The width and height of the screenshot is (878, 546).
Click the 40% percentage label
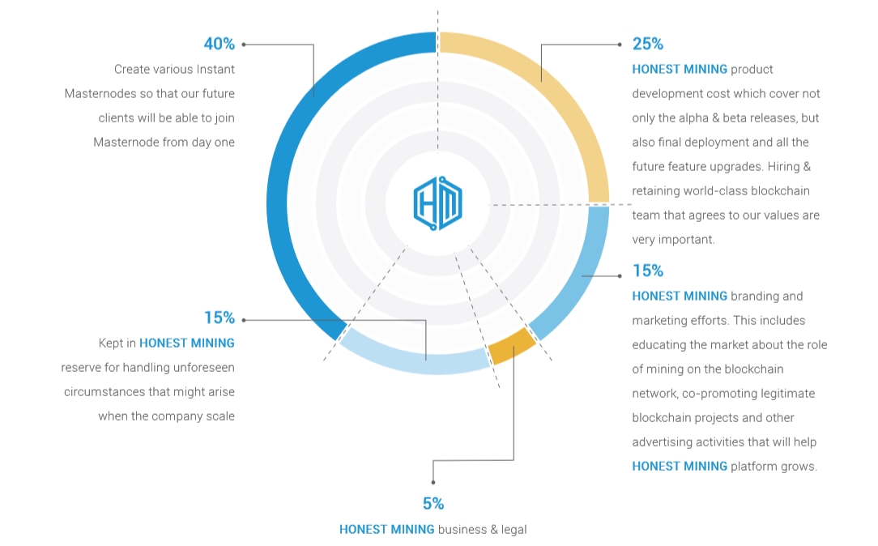(x=219, y=44)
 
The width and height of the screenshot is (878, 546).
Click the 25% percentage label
(x=648, y=44)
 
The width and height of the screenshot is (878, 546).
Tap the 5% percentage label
(x=433, y=504)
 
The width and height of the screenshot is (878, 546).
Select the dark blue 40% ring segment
(x=286, y=168)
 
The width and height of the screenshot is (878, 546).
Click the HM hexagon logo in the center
(x=438, y=203)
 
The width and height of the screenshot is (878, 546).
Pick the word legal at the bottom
(x=514, y=530)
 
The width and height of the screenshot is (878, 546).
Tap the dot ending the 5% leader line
(x=433, y=482)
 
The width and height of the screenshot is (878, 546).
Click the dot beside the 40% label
(x=244, y=45)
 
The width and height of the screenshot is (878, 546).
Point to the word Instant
(x=213, y=70)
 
